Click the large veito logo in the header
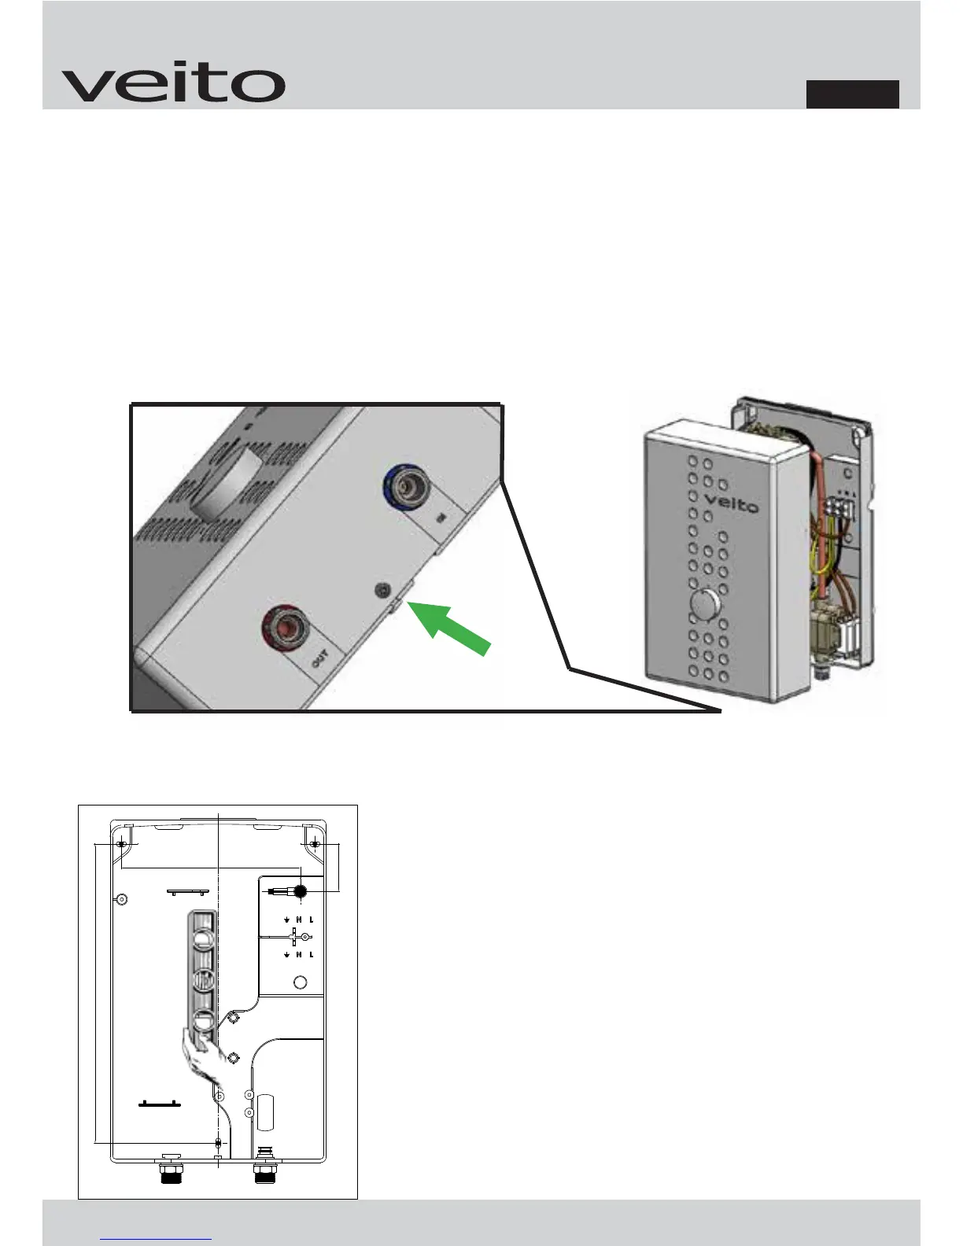pos(173,84)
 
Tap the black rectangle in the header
pos(852,94)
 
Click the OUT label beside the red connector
pos(321,661)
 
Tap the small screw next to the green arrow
pos(383,590)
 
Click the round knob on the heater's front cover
pos(704,607)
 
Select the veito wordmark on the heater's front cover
pos(731,502)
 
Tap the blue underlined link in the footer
pos(157,1237)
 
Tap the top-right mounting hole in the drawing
pos(315,845)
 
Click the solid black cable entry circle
pos(299,891)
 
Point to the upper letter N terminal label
pos(299,920)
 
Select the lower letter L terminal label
pos(312,955)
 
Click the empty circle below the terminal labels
pos(300,982)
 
